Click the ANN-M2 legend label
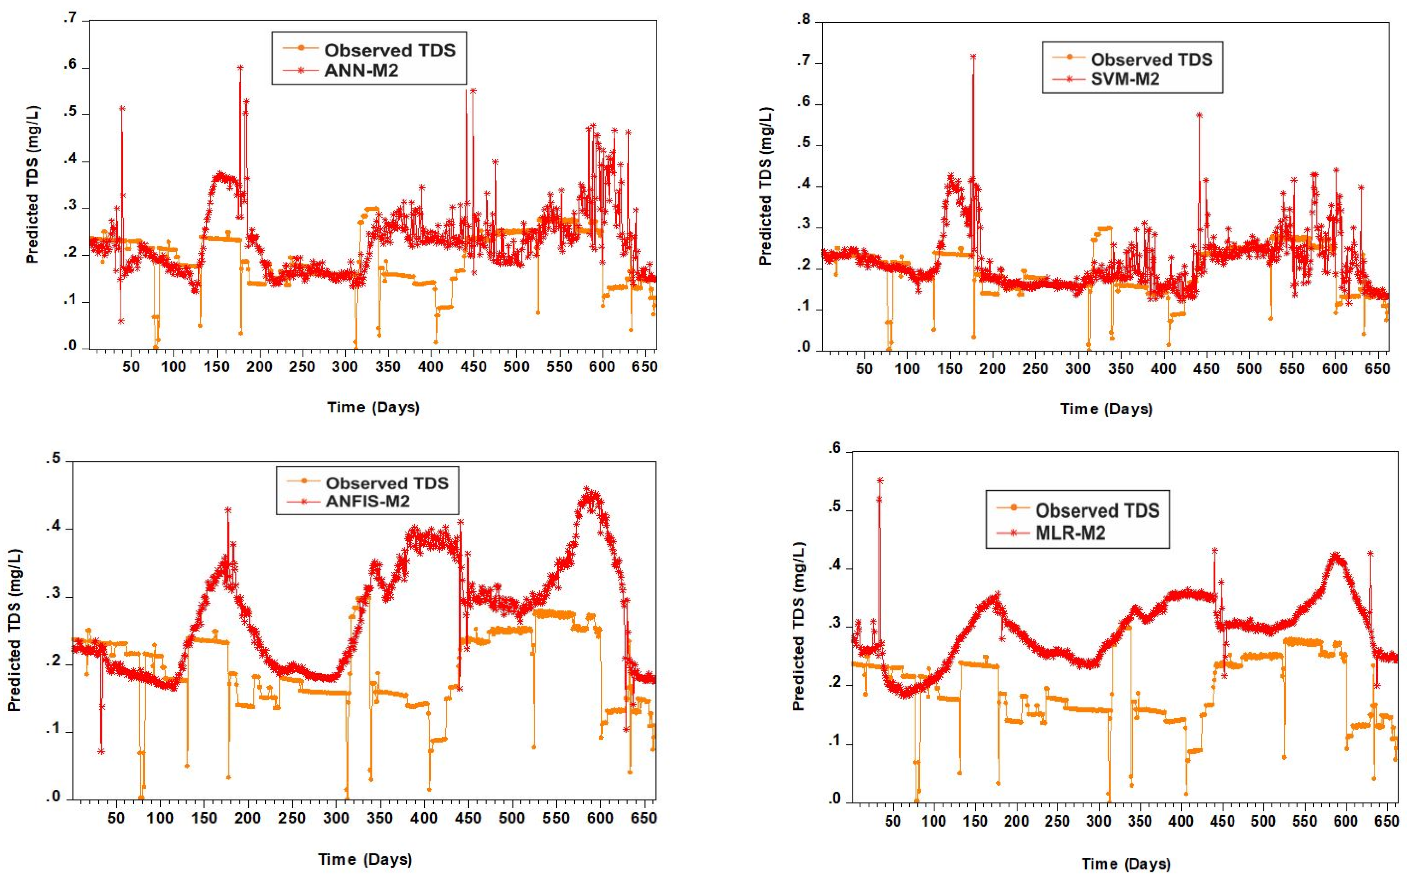coord(361,71)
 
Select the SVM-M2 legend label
coord(1125,79)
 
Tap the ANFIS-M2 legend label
coord(367,501)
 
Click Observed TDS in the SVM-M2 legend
coord(1151,59)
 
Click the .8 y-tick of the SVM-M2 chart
coord(804,20)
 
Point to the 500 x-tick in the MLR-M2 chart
coord(1263,821)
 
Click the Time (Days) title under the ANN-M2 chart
coord(373,407)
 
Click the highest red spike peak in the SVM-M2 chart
coord(973,56)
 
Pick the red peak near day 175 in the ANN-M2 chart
coord(240,68)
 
